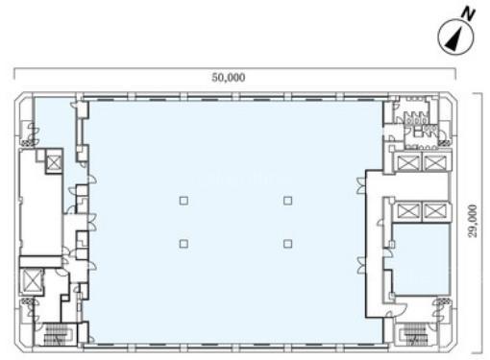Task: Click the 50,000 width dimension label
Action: (229, 78)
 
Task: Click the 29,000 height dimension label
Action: (473, 221)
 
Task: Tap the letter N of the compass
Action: (468, 14)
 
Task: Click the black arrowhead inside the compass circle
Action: (454, 39)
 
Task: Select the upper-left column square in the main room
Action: (184, 201)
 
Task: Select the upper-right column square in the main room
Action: (287, 201)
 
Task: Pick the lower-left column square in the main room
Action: (184, 244)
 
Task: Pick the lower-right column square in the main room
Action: (287, 244)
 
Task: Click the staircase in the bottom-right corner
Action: (415, 334)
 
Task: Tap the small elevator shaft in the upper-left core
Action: (54, 162)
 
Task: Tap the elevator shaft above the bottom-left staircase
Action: (32, 280)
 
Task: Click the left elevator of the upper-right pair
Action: (407, 162)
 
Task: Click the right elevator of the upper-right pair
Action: (434, 162)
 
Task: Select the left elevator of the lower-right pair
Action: (407, 211)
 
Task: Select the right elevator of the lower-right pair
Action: (434, 211)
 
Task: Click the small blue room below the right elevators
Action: (421, 259)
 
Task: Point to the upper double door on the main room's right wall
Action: (360, 185)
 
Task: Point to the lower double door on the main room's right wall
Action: (360, 265)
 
